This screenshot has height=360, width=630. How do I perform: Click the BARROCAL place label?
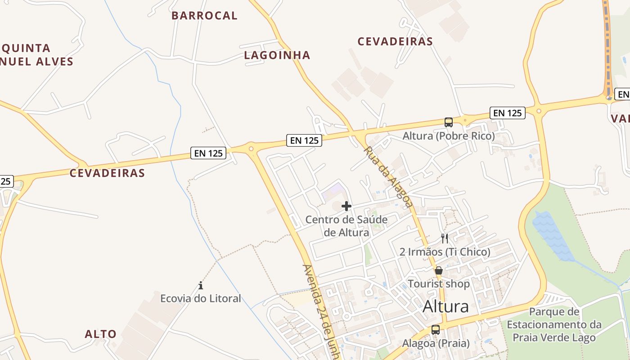point(204,15)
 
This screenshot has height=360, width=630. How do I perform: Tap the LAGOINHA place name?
point(277,55)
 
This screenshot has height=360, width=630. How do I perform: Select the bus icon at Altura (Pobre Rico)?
point(449,122)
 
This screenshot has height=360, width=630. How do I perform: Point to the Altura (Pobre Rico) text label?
point(449,135)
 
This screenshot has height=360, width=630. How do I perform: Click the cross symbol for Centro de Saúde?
point(346,206)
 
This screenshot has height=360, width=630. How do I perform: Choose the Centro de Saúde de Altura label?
point(346,226)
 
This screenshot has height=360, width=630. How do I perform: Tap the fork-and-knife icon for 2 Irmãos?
point(445,238)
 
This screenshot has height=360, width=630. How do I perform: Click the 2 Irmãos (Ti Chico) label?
point(445,252)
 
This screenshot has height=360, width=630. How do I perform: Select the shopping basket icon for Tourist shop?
point(439,270)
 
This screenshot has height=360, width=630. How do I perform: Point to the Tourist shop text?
point(439,284)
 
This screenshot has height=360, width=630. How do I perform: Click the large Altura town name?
point(445,307)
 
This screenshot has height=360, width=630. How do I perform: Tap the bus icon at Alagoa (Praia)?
point(436,329)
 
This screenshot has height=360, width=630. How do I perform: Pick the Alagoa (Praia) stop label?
point(436,343)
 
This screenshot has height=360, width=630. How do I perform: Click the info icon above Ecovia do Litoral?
point(201,285)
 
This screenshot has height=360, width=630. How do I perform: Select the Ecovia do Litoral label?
point(201,298)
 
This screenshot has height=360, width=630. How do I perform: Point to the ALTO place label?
point(101,334)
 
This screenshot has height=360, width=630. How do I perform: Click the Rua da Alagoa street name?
point(388,176)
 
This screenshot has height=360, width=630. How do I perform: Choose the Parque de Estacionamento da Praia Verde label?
point(554,324)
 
